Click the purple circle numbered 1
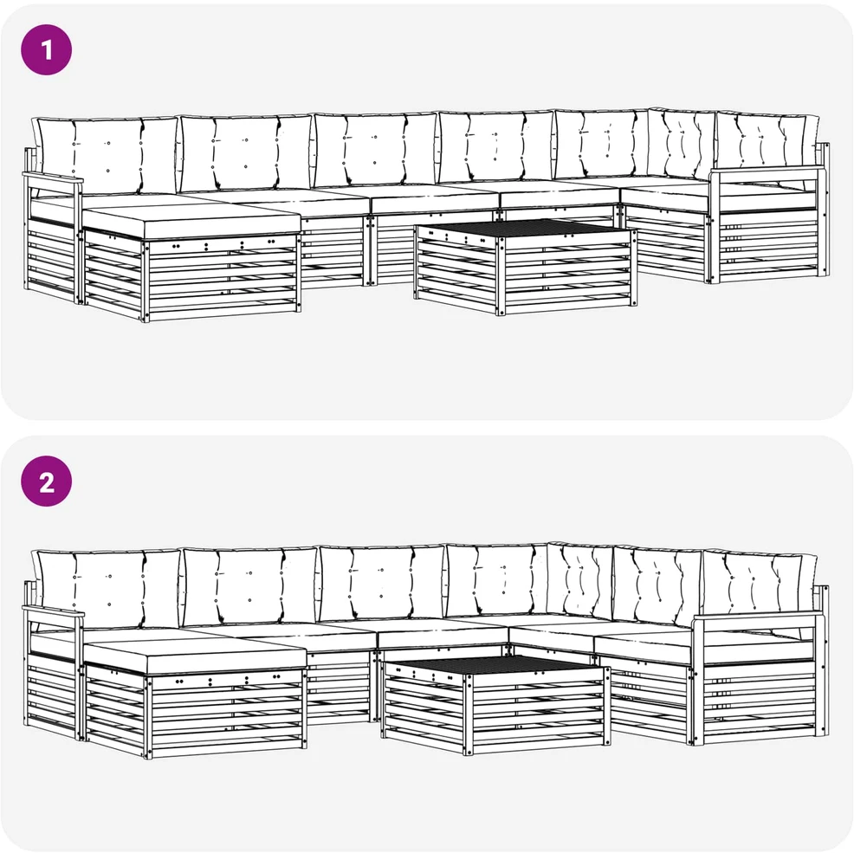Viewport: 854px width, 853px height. [x=46, y=49]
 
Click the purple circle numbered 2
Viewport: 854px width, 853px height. [x=46, y=481]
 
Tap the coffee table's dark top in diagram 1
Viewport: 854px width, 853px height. [x=525, y=229]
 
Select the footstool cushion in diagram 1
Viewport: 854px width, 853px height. [x=191, y=223]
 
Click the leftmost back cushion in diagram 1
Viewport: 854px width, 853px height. [x=106, y=154]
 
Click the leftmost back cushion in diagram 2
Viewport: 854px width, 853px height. [x=107, y=588]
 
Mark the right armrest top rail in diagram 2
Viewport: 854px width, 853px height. [x=760, y=618]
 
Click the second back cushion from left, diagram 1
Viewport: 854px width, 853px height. [x=246, y=152]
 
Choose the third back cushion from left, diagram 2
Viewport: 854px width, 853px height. [x=382, y=584]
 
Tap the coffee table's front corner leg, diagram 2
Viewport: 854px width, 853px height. [x=469, y=714]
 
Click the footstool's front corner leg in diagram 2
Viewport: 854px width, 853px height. [x=147, y=717]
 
